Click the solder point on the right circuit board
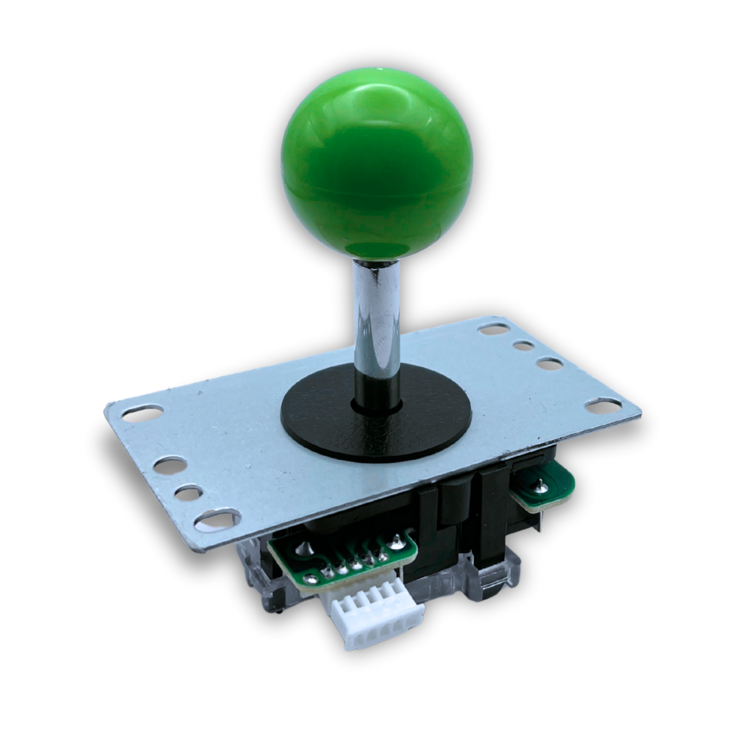click(x=539, y=484)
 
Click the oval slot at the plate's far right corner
click(x=604, y=406)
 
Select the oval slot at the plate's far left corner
click(x=143, y=413)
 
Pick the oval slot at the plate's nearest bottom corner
click(x=217, y=521)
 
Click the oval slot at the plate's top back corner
click(x=494, y=329)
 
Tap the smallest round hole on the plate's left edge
click(x=188, y=493)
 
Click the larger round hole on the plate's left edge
click(x=170, y=465)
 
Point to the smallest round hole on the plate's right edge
click(x=523, y=345)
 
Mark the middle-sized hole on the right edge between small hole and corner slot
click(x=549, y=364)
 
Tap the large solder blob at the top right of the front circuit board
click(x=396, y=542)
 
